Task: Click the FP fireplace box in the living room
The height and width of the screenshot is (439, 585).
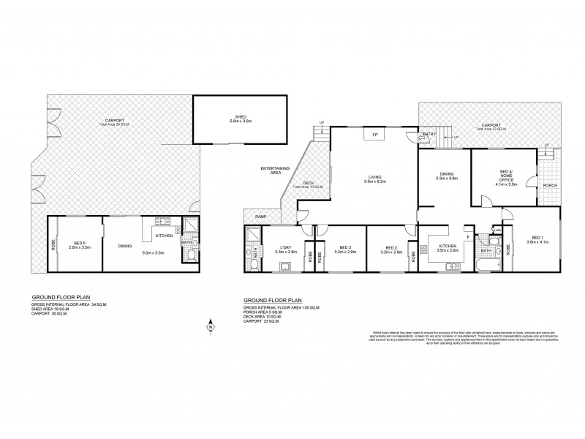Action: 374,135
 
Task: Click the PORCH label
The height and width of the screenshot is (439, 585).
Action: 550,185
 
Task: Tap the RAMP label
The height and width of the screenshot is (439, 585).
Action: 260,217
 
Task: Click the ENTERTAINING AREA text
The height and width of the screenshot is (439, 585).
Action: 275,171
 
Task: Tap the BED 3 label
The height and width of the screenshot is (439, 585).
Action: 339,249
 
